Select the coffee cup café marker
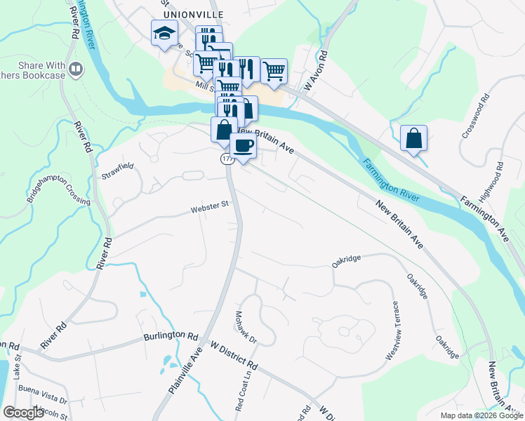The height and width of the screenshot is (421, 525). [x=243, y=146]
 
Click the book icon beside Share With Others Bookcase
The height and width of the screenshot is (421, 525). [x=76, y=69]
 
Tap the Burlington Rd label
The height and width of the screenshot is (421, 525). [x=172, y=336]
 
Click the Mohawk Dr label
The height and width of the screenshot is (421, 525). [x=246, y=328]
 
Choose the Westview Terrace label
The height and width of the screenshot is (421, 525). [x=392, y=331]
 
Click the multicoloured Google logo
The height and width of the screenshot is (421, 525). [x=23, y=413]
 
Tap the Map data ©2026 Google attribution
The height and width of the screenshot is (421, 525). [x=481, y=415]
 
